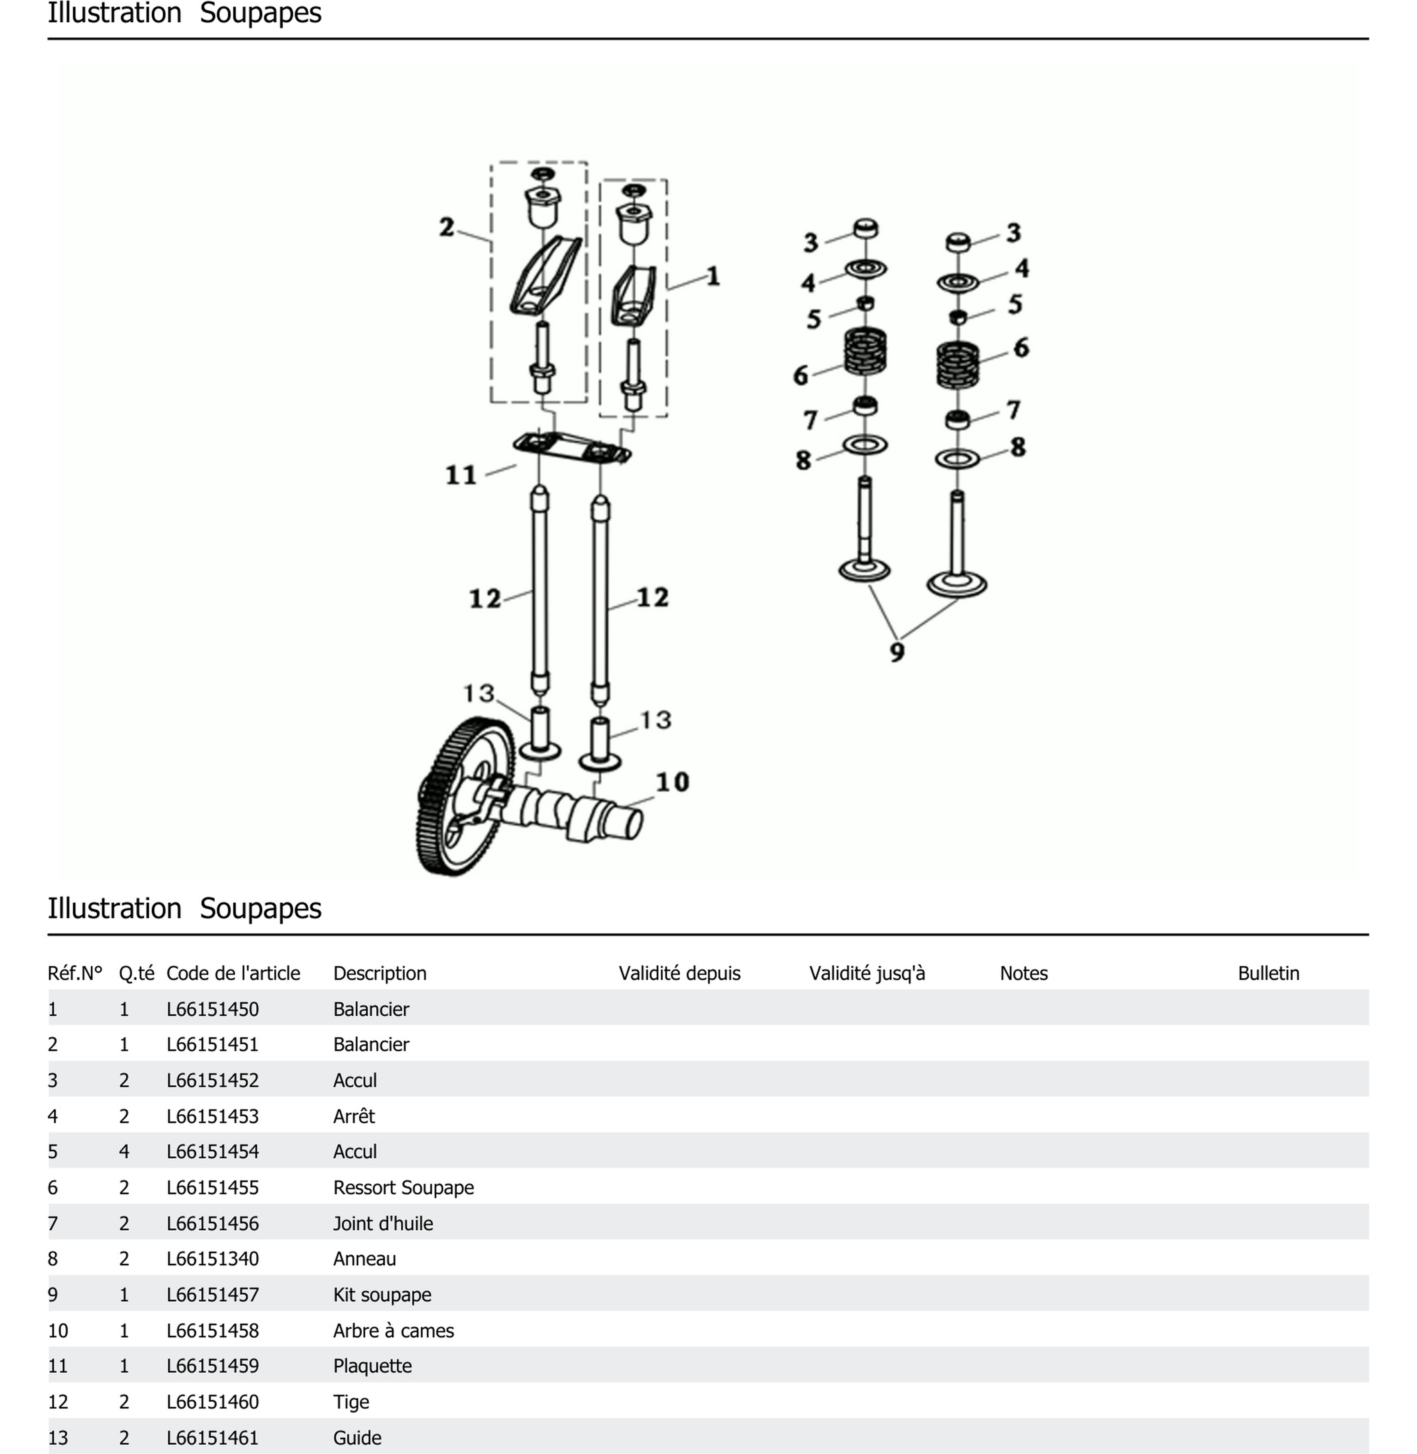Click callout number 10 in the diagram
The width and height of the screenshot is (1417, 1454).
[x=672, y=782]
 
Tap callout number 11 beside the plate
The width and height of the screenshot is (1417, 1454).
[x=461, y=475]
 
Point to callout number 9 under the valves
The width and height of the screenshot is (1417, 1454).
[x=898, y=652]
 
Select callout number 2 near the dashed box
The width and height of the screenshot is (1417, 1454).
[x=447, y=227]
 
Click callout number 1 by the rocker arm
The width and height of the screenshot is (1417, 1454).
[x=713, y=277]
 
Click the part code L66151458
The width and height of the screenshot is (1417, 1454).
[x=213, y=1331]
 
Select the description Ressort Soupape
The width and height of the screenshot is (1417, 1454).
[x=403, y=1188]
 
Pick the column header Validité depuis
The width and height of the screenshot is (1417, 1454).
[x=679, y=973]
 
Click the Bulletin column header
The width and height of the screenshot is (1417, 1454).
[x=1268, y=973]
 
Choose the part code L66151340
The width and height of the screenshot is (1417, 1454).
[x=213, y=1259]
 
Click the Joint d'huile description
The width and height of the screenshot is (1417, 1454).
[x=382, y=1223]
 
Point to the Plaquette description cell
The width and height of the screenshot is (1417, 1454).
[x=372, y=1366]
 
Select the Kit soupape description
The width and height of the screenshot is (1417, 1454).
[x=382, y=1295]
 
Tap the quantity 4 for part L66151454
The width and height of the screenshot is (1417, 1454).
[x=124, y=1152]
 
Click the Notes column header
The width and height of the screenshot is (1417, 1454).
[x=1023, y=973]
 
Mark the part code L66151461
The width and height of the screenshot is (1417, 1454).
[x=213, y=1438]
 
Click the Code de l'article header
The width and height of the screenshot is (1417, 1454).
[x=233, y=973]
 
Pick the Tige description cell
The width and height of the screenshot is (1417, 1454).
[x=351, y=1402]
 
